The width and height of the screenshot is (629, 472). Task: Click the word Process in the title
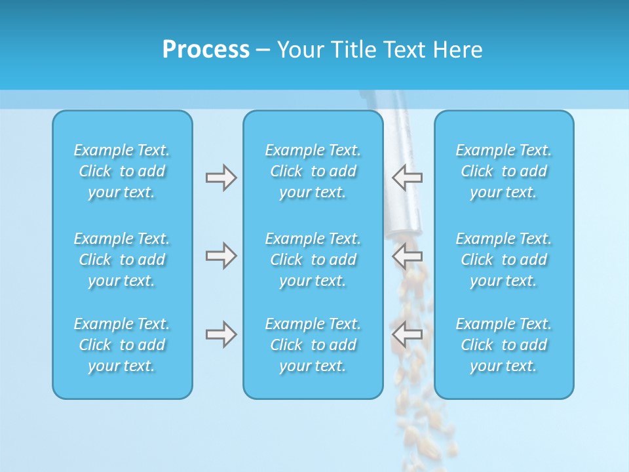206,50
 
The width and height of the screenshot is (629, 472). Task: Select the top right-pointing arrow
221,178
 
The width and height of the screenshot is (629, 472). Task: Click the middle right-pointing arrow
221,256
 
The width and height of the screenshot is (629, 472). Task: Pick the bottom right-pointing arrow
221,334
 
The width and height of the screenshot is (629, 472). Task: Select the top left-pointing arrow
407,178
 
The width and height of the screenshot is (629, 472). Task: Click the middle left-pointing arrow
407,256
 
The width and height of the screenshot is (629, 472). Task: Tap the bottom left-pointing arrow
407,334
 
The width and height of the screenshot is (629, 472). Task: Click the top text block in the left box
122,171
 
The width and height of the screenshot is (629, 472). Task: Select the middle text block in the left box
122,260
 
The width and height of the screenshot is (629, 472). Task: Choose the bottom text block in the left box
122,345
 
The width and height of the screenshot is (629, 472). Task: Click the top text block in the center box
313,171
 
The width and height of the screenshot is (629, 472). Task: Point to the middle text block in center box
313,260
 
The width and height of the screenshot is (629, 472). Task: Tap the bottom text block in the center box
313,345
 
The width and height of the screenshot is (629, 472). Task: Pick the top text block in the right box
503,171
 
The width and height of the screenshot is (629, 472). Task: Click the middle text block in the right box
503,260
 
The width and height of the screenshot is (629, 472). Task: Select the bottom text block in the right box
503,345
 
